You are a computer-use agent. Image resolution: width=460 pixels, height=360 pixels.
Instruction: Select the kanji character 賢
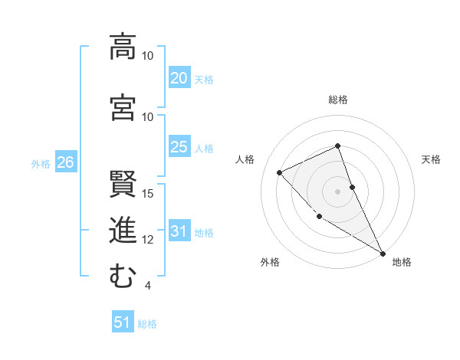tap(123, 184)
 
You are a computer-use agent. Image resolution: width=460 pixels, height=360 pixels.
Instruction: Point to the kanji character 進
tap(123, 230)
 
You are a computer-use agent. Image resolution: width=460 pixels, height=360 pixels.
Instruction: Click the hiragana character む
tap(123, 277)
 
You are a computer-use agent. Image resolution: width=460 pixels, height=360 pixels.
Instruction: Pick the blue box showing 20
tap(179, 78)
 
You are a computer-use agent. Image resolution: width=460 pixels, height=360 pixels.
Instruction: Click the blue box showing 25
tap(179, 147)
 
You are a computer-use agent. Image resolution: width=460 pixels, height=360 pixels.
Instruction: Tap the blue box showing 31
tap(179, 232)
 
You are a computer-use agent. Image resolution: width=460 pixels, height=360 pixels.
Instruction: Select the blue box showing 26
tap(65, 162)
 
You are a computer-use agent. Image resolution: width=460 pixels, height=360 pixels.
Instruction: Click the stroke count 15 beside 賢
tap(148, 193)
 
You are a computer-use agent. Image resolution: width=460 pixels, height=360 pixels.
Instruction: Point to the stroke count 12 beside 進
tap(148, 240)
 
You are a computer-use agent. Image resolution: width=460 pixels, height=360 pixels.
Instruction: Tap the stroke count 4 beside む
tap(147, 286)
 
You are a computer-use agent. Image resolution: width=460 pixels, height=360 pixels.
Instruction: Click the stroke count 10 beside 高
tap(148, 56)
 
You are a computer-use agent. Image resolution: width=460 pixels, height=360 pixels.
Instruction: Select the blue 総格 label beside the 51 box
tap(147, 324)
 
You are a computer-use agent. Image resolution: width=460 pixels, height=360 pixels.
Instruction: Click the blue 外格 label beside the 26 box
tap(41, 163)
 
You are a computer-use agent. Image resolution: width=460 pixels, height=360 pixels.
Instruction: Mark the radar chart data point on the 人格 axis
tap(280, 172)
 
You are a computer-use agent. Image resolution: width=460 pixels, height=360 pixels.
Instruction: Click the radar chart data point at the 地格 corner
tap(383, 253)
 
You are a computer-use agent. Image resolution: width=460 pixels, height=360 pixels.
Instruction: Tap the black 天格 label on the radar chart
tap(432, 159)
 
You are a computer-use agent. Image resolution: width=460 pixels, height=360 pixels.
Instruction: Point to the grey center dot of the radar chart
tap(337, 191)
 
